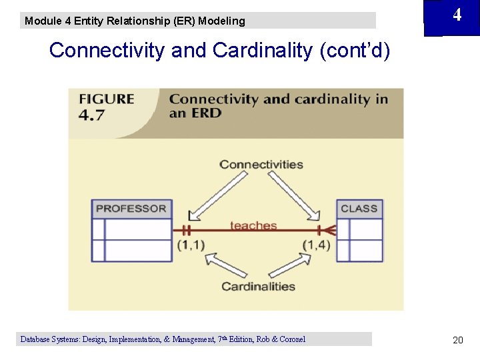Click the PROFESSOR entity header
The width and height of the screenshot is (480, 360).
pos(131,209)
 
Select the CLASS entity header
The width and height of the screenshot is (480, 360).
pos(359,209)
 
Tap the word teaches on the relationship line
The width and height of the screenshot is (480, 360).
pos(253,225)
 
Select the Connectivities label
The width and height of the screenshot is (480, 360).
pos(261,165)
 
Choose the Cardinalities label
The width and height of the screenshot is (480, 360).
pos(258,287)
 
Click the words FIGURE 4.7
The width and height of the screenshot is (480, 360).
pos(107,107)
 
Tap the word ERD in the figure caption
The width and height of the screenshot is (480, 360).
pos(187,113)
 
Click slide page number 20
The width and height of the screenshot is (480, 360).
pos(457,340)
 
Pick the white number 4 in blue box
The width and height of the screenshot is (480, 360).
pos(457,15)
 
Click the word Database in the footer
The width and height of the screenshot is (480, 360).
pos(37,339)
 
